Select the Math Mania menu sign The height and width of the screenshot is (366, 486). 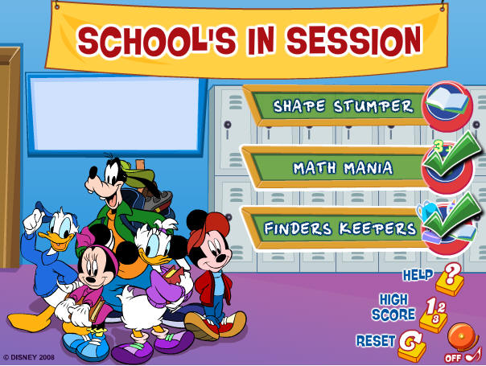pyautogui.click(x=338, y=167)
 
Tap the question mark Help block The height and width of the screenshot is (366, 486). pyautogui.click(x=450, y=280)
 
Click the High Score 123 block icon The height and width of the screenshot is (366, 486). pyautogui.click(x=434, y=315)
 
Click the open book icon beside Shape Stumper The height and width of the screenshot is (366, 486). pyautogui.click(x=447, y=102)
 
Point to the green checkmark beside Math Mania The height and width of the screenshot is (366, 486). pyautogui.click(x=452, y=155)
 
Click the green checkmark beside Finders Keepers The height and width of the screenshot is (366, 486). pyautogui.click(x=452, y=217)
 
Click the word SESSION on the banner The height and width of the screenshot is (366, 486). pyautogui.click(x=354, y=40)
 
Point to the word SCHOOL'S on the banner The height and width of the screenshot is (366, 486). pyautogui.click(x=157, y=41)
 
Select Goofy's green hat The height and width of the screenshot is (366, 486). pyautogui.click(x=136, y=174)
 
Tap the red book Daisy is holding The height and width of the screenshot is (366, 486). pyautogui.click(x=174, y=274)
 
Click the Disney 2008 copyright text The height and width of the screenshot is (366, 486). pyautogui.click(x=29, y=357)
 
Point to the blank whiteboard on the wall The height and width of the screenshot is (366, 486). pyautogui.click(x=115, y=114)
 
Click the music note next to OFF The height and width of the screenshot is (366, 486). pyautogui.click(x=474, y=356)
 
